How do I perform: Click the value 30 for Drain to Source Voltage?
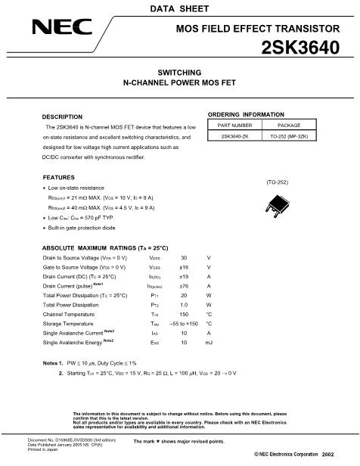click(183, 257)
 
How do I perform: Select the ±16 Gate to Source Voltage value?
click(183, 267)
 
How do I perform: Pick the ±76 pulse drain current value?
click(183, 286)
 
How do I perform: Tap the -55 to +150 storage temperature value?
click(184, 322)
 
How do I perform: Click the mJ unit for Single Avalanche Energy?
click(209, 341)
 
